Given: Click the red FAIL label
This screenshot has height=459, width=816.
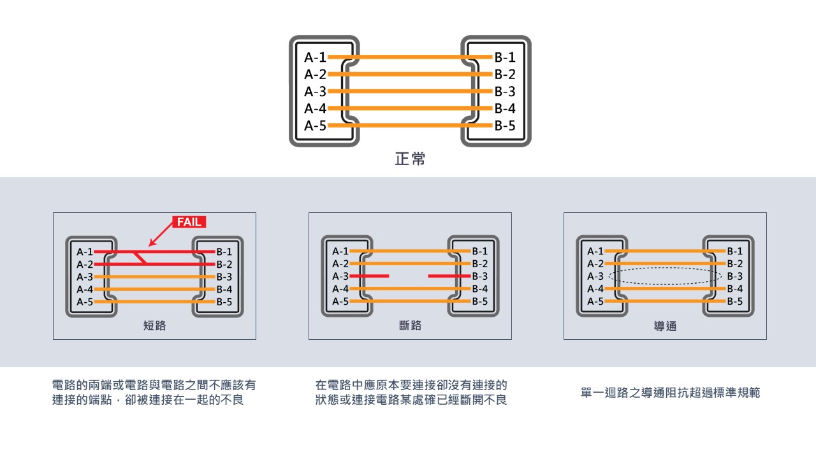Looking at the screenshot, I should pos(189,222).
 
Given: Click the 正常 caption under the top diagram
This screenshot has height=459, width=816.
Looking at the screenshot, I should pos(410,159).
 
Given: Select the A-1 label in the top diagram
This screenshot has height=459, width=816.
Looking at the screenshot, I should pos(315,57).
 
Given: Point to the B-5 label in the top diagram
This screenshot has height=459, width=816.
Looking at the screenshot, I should pos(505,126).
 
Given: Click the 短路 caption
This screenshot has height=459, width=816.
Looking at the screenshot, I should pos(154,326).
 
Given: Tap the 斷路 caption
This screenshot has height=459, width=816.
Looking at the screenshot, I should pos(410,326).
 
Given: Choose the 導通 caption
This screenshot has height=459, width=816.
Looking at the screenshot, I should pos(665,326).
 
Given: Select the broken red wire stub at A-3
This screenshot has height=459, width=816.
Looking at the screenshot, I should pos(369,277).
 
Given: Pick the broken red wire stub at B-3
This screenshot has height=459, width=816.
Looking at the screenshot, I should pos(449,277).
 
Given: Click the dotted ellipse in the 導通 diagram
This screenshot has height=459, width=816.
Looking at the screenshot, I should pos(665,276).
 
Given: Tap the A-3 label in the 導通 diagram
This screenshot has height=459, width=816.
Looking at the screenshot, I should pos(595,277).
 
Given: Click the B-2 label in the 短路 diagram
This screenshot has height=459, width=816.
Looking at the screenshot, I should pos(224,264).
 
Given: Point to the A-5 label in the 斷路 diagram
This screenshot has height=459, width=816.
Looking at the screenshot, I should pos(340,302).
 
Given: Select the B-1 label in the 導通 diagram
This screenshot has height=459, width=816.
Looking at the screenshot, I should pos(734,252).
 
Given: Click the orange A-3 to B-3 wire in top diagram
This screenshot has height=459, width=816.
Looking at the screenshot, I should pos(410,91).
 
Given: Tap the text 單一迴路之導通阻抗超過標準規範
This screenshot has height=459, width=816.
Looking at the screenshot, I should pos(670,393).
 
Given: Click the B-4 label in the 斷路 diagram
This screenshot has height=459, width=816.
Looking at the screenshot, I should pos(479,289).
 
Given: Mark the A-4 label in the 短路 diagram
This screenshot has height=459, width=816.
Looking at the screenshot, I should pos(85,289).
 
